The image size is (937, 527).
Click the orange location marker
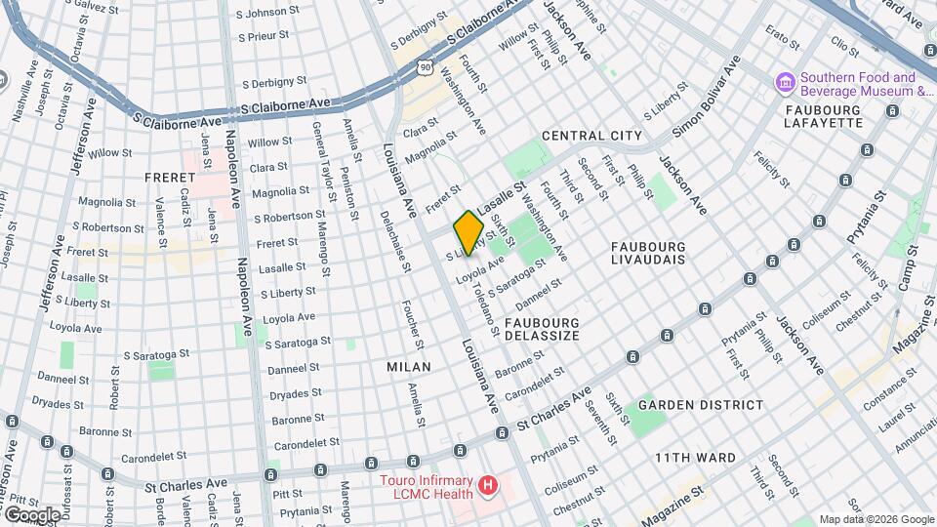pos(468,232)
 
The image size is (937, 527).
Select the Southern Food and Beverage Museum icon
pos(784,81)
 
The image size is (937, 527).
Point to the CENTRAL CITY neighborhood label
pos(591,136)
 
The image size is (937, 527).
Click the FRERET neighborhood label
pos(171,178)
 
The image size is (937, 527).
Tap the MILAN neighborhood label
pos(407,366)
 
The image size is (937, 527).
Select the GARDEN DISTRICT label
pos(701,404)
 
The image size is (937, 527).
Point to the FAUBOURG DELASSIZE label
pos(542,328)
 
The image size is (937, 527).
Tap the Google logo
pos(32,513)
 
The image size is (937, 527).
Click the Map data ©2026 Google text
pos(876,519)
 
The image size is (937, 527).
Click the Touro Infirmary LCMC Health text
pos(428,489)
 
